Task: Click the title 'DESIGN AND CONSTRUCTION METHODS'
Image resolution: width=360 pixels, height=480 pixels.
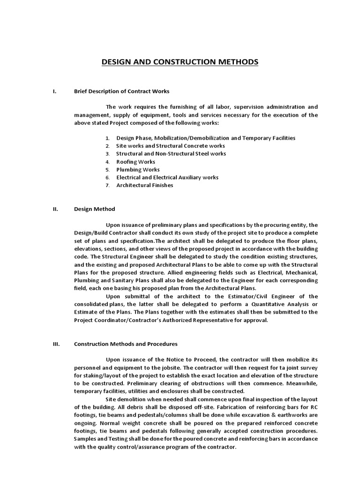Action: (180, 62)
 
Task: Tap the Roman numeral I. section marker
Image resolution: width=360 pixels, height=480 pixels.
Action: (54, 91)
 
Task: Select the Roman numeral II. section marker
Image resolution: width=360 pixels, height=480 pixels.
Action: (55, 209)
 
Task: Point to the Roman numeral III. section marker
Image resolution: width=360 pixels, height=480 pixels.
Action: (56, 344)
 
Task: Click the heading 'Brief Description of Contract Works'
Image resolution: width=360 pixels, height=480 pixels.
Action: (121, 91)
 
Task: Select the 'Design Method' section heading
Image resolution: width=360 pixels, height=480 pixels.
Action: (94, 209)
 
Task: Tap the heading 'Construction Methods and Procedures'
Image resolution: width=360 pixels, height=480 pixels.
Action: (126, 344)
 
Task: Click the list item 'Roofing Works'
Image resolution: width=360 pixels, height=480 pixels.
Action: (135, 162)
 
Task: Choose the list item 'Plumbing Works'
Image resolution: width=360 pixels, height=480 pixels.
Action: (138, 170)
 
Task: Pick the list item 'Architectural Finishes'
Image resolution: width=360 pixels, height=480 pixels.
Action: (145, 185)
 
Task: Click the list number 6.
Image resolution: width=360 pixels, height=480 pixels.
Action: (107, 178)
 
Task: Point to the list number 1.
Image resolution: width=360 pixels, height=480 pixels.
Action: (107, 138)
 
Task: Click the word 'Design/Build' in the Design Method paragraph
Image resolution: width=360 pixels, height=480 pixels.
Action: (90, 233)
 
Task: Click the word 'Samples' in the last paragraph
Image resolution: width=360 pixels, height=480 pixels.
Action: (85, 439)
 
